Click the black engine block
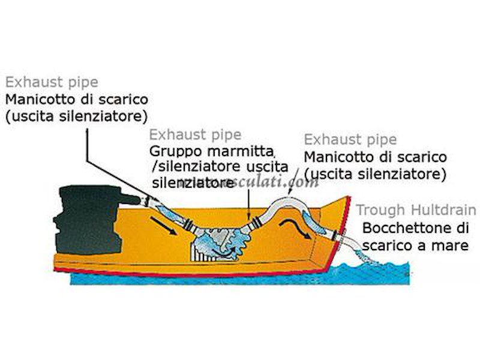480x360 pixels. point(87,219)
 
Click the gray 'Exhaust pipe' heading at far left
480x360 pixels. point(51,82)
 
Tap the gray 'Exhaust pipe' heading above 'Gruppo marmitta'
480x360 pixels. point(195,134)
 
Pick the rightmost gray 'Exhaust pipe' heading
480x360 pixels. point(350,140)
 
